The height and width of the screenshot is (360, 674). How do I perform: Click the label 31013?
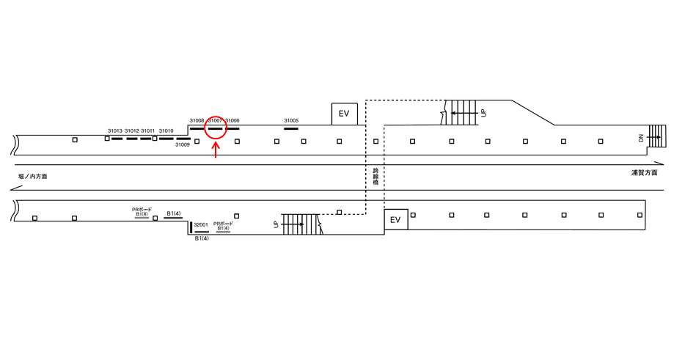tap(114, 131)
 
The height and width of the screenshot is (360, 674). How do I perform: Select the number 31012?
tap(131, 131)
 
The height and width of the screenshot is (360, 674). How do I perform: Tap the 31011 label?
tap(147, 131)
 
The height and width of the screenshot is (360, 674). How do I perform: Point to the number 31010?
tap(166, 131)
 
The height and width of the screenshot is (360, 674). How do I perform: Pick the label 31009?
tap(183, 144)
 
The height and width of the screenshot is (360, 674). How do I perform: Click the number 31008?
tap(197, 120)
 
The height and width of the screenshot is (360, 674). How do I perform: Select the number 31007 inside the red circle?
tap(215, 120)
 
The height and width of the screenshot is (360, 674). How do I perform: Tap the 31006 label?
tap(232, 120)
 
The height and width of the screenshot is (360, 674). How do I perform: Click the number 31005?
tap(291, 120)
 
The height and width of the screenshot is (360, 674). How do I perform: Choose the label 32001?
tap(201, 225)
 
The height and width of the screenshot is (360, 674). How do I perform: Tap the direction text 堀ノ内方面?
tap(33, 177)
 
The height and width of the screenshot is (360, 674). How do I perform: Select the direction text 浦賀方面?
tap(644, 173)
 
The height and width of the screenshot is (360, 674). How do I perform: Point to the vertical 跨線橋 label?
tap(375, 176)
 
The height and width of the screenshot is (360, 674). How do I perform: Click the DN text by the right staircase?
tap(640, 138)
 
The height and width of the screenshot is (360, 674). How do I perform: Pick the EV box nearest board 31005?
tap(344, 114)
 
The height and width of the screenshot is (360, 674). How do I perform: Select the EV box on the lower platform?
tap(395, 220)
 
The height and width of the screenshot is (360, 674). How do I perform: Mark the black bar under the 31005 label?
tap(291, 128)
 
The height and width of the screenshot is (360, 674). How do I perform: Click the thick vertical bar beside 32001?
tap(191, 227)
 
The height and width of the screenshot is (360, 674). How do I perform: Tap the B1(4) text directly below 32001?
tap(202, 239)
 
